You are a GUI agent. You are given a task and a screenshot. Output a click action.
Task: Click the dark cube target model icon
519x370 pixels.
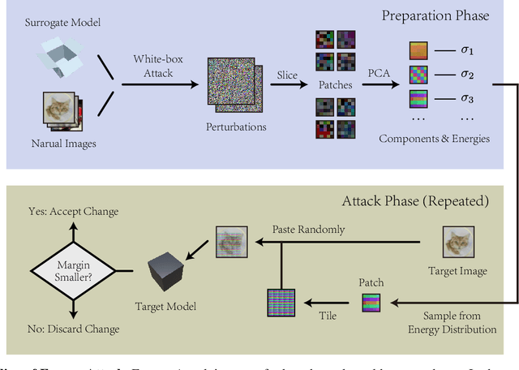click(167, 273)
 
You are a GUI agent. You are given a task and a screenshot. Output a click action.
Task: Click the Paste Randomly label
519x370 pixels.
click(308, 229)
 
